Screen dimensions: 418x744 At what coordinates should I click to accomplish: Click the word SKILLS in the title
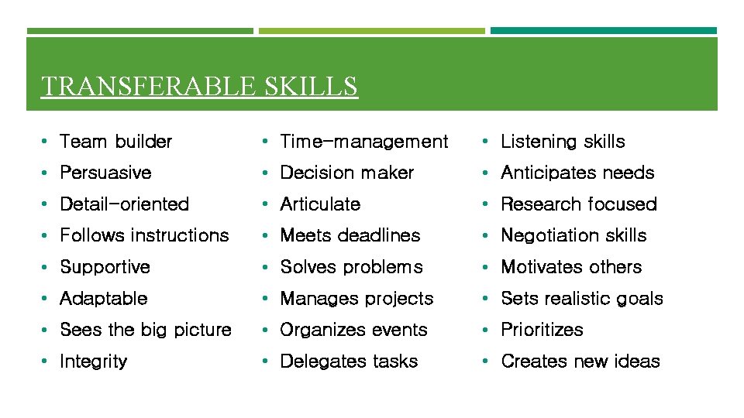[311, 86]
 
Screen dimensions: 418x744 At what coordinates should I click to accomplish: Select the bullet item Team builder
[115, 142]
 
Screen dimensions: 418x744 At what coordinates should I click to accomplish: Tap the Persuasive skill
[105, 173]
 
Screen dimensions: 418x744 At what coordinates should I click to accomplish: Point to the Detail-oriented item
[124, 204]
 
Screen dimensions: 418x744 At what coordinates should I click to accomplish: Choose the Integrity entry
[93, 361]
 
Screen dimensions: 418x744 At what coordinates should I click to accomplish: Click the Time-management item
[363, 142]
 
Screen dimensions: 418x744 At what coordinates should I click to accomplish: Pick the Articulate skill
[320, 204]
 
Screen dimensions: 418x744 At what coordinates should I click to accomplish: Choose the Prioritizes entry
[542, 330]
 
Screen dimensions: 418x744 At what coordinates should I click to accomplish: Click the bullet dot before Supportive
[46, 267]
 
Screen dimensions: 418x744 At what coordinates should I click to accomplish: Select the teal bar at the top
[604, 31]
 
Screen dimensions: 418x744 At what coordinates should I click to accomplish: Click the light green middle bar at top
[371, 31]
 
